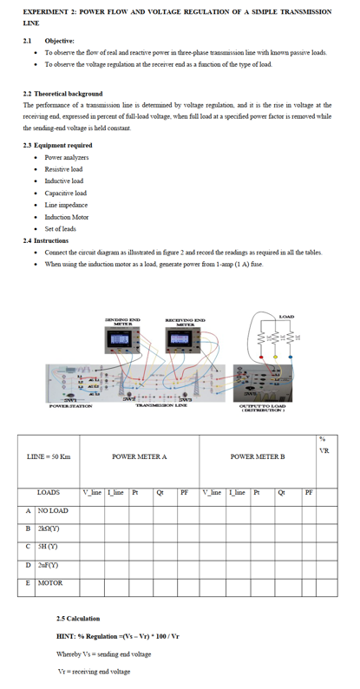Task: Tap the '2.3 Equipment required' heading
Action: click(x=57, y=145)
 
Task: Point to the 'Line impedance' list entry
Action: click(x=64, y=205)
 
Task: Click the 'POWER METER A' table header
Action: click(x=140, y=456)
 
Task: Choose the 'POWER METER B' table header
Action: click(x=256, y=456)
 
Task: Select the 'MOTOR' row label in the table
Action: click(x=49, y=583)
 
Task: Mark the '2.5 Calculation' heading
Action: click(x=77, y=619)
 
